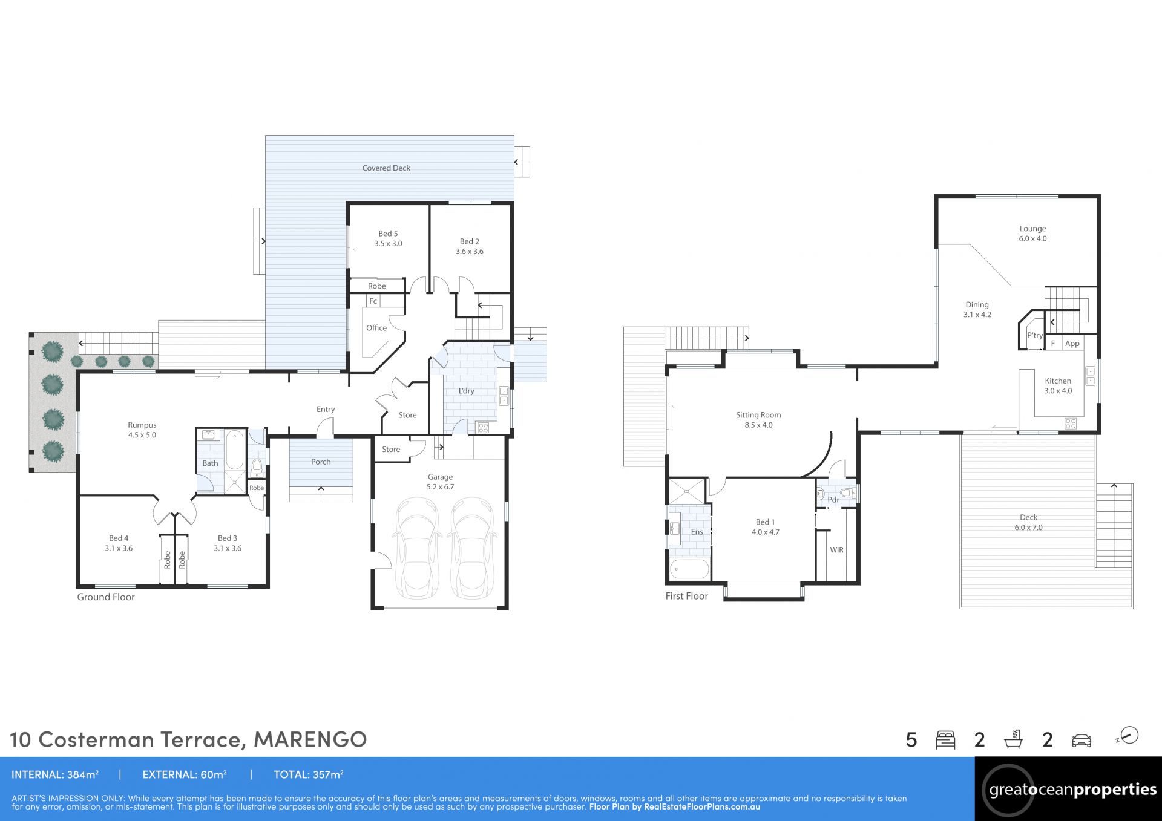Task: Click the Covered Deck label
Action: point(386,168)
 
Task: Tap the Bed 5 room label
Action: point(388,238)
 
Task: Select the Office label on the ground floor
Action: point(376,328)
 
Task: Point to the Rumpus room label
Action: point(142,430)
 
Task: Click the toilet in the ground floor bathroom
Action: point(257,466)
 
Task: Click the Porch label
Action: point(321,462)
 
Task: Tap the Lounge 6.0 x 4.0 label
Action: point(1032,234)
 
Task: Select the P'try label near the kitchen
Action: point(1035,335)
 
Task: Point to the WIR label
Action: point(837,550)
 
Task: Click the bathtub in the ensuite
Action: point(689,570)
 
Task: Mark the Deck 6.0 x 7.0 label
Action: point(1029,522)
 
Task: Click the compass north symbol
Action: point(1128,736)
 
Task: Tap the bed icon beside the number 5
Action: point(945,740)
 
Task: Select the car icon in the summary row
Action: point(1082,741)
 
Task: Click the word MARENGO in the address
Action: point(310,739)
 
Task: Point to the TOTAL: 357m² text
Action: point(309,774)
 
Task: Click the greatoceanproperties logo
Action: point(1069,790)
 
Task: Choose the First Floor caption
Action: point(686,596)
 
